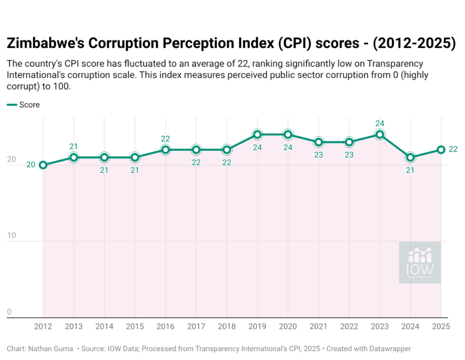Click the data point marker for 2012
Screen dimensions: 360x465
(43, 165)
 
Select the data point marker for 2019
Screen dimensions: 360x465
(257, 134)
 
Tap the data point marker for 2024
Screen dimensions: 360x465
(411, 158)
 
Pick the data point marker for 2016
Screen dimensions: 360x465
(166, 150)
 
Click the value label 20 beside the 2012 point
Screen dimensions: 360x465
(31, 165)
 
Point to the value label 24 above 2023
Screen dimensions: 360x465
(380, 123)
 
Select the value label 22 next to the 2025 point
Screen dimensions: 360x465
(453, 149)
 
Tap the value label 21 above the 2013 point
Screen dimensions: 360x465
(74, 146)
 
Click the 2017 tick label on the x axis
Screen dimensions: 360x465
(196, 327)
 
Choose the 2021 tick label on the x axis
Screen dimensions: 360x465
(319, 327)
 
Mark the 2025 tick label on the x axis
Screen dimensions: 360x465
(441, 327)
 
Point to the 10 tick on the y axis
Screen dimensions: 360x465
(12, 236)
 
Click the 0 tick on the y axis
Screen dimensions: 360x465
(9, 312)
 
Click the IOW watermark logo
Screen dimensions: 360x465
(420, 263)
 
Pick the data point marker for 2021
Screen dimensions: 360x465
(319, 142)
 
